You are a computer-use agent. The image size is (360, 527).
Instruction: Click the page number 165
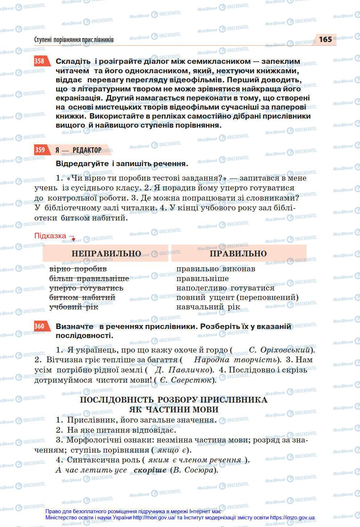325,40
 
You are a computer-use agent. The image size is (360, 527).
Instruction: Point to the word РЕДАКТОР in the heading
87,150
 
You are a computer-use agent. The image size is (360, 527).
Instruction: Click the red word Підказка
50,236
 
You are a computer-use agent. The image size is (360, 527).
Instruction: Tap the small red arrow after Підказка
72,238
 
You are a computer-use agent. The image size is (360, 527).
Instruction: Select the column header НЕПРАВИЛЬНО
106,253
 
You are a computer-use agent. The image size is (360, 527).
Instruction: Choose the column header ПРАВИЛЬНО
238,253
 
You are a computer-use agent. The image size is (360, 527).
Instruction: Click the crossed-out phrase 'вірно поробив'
78,269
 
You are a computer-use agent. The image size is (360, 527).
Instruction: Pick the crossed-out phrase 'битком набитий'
82,297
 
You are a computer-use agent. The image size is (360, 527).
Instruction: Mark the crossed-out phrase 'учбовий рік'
74,307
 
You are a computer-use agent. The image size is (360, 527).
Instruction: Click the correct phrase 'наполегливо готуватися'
225,288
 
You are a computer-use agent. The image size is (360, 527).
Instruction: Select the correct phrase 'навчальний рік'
208,307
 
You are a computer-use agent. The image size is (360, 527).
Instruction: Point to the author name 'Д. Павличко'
183,370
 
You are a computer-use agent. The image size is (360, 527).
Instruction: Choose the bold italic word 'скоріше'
150,470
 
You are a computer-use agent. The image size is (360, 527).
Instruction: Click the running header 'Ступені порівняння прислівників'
74,40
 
